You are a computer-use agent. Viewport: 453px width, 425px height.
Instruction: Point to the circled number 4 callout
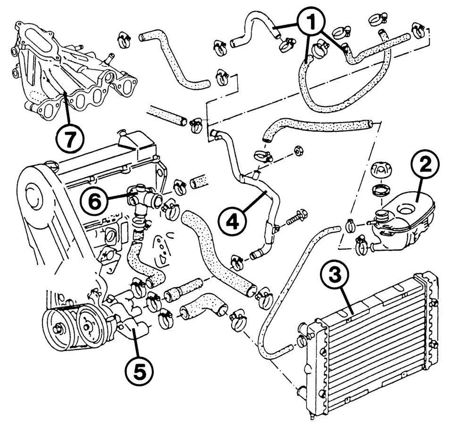pyautogui.click(x=231, y=221)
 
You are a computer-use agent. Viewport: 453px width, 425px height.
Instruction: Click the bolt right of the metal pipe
pyautogui.click(x=294, y=220)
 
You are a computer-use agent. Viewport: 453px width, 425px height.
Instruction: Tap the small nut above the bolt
pyautogui.click(x=298, y=151)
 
